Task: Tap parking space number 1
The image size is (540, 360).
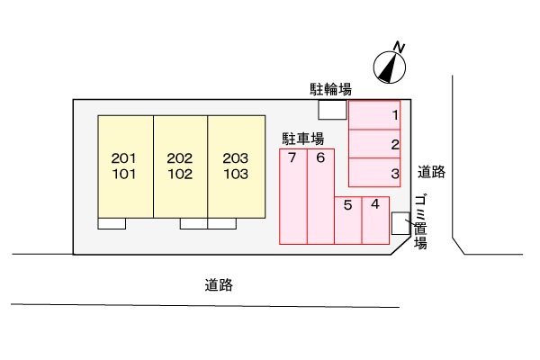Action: coord(375,115)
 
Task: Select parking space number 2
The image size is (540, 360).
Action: coord(375,144)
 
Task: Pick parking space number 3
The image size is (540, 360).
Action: coord(375,173)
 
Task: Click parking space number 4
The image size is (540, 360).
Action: coord(375,219)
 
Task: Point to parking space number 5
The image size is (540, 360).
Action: coord(347,219)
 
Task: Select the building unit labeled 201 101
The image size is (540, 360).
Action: coord(124,166)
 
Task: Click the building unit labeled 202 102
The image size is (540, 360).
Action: coord(180,166)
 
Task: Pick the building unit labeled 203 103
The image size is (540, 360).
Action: coord(236,166)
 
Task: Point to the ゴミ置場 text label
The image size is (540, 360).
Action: coord(420,220)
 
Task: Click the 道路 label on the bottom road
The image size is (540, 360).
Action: coord(219,285)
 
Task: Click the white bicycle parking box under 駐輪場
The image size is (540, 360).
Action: coord(332,109)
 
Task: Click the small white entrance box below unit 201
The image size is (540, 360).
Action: coord(112,223)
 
